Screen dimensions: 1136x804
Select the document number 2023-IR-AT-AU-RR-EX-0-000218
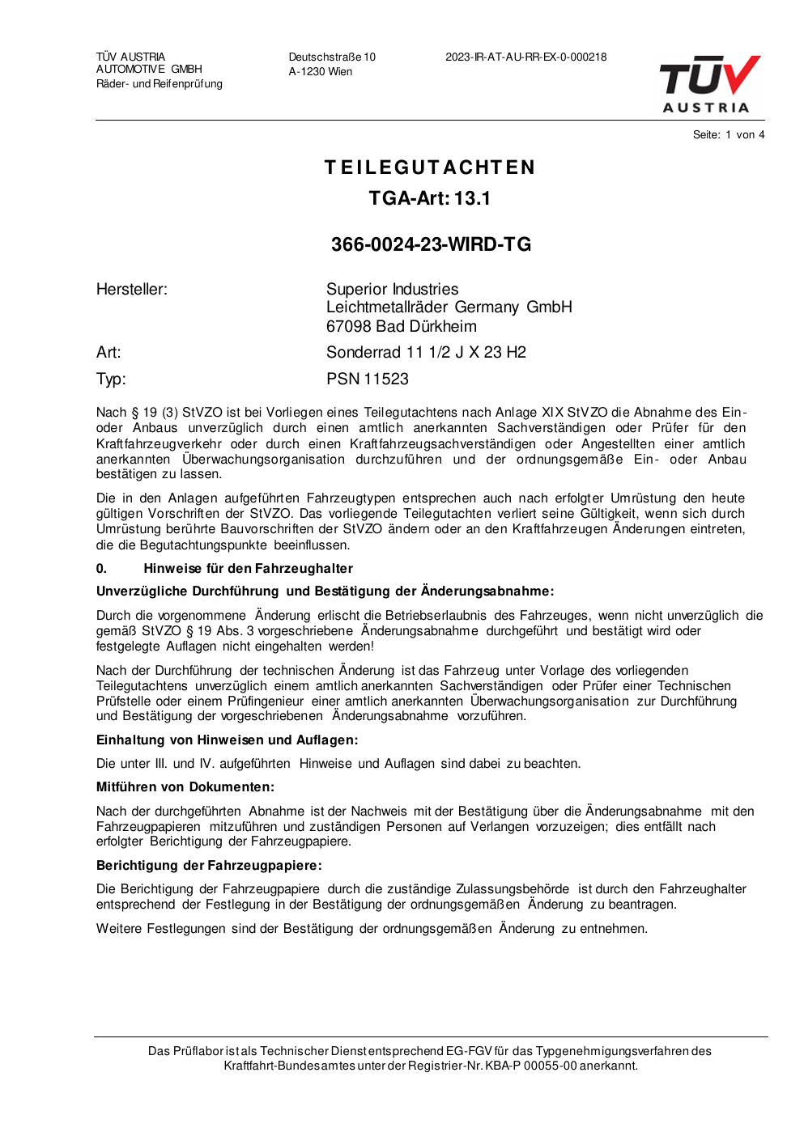coord(525,57)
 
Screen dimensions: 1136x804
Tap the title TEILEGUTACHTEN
coord(430,167)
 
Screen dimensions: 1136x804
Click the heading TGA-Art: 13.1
coord(430,198)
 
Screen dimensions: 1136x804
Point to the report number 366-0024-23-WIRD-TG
coord(431,244)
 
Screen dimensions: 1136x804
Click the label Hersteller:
coord(132,290)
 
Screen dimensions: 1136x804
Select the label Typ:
coord(111,379)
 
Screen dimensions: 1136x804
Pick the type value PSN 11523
coord(368,379)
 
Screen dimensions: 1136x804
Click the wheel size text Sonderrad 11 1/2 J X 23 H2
coord(426,352)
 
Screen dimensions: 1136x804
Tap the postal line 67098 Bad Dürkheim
coord(402,326)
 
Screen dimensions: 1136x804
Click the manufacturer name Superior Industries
coord(392,290)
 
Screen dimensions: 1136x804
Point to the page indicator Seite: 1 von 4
coord(728,135)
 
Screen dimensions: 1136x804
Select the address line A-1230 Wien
coord(321,72)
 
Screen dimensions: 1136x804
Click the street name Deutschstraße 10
coord(332,57)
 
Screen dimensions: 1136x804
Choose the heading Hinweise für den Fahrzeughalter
coord(248,569)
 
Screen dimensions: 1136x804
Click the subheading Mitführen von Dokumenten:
coord(185,787)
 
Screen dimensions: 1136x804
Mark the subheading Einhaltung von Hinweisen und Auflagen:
coord(227,740)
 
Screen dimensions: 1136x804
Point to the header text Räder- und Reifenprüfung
coord(160,84)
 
